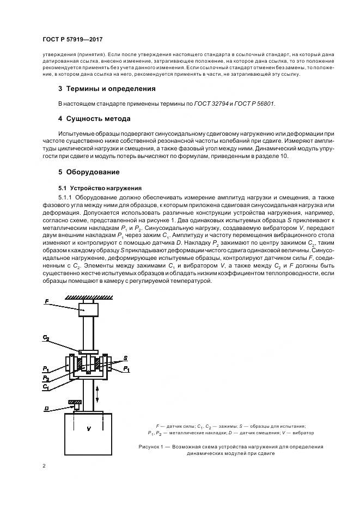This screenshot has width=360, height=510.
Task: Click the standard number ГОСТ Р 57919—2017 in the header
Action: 72,39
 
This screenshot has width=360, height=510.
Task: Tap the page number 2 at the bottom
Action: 44,465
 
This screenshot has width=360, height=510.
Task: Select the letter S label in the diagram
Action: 125,357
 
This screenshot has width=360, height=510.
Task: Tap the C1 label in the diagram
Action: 46,386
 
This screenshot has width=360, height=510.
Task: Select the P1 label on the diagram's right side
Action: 127,369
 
